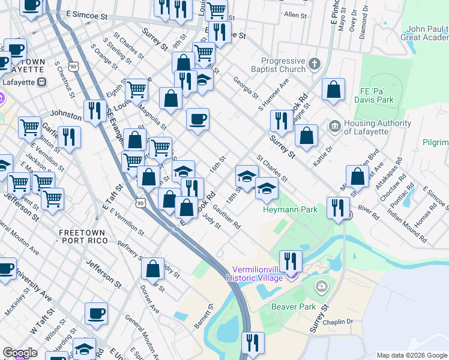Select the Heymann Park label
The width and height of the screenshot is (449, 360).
coord(282,209)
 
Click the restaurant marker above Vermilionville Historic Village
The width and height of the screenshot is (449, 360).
coord(291,260)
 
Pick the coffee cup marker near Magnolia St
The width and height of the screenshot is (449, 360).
coord(197,119)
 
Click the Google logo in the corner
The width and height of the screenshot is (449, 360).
coord(20,353)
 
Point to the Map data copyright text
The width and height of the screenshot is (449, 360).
coord(412,355)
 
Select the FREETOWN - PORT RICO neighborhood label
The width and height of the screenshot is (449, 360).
coord(83,236)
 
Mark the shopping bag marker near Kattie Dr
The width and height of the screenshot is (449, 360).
coord(306,135)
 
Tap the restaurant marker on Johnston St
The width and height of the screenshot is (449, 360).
coord(95,110)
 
